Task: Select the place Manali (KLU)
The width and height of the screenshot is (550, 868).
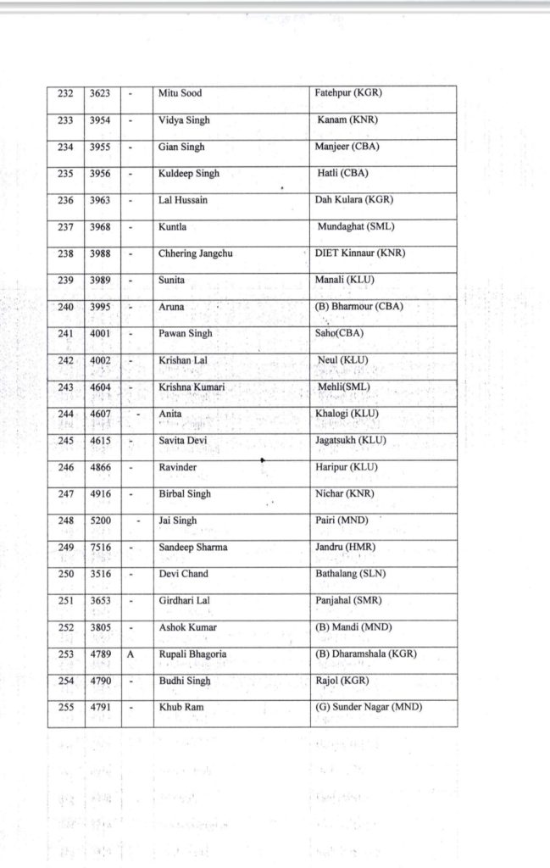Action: [344, 281]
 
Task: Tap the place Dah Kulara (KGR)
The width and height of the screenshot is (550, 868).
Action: [353, 200]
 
